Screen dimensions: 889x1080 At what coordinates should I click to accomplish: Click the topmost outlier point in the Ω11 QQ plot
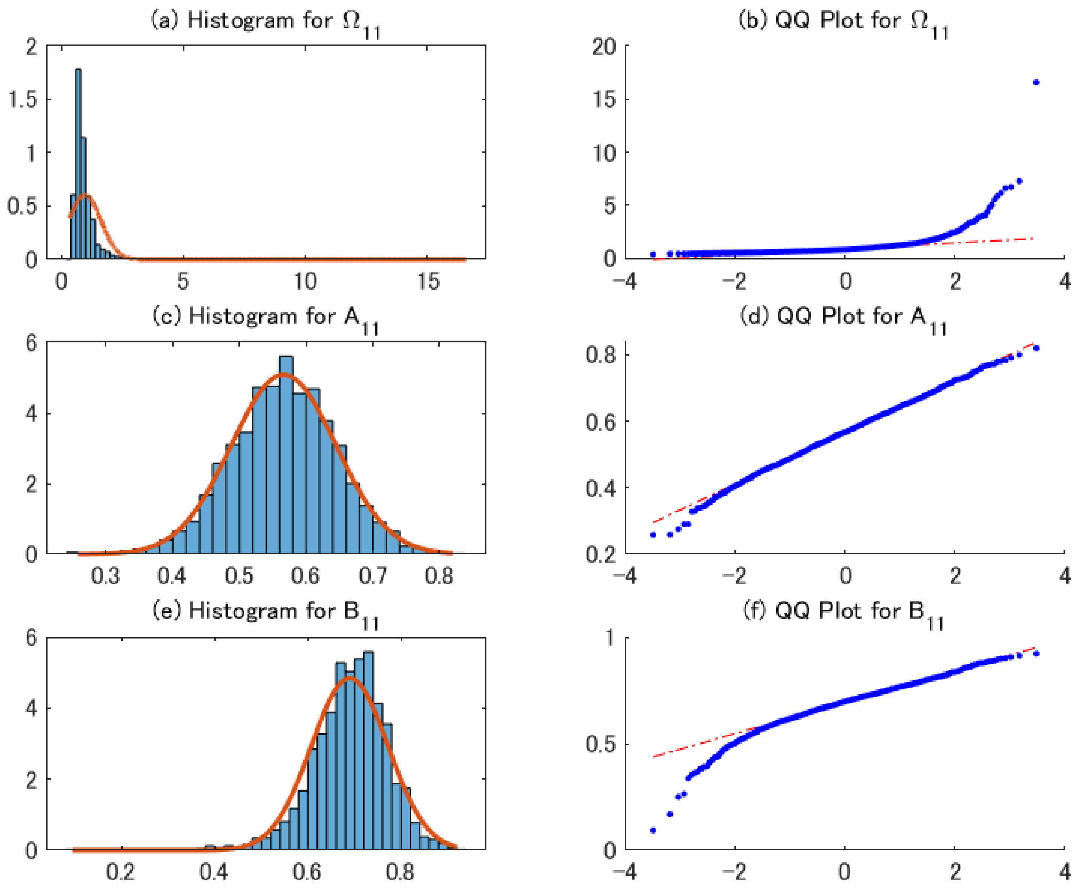pos(1036,82)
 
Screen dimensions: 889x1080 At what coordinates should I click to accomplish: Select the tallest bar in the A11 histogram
pos(286,455)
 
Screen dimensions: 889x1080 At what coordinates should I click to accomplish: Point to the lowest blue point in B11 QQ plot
pos(653,830)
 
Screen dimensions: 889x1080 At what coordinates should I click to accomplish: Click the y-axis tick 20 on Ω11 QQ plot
pos(604,47)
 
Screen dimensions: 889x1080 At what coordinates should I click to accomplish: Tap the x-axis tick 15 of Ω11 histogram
pos(427,281)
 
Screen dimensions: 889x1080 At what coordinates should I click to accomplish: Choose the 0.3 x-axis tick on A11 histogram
pos(105,576)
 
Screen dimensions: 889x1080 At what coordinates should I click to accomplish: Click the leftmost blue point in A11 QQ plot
pos(653,535)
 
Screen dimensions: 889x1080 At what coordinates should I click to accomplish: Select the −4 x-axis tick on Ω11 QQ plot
pos(625,281)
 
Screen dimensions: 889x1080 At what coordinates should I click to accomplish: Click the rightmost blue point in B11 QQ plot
pos(1036,654)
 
